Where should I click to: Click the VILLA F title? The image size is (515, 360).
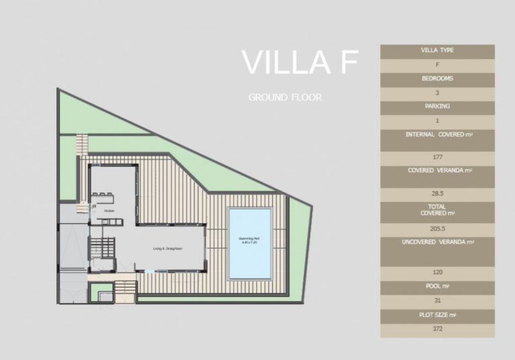pos(299,62)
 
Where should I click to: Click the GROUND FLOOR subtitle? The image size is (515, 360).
pos(285,97)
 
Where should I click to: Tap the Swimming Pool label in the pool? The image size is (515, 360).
pos(249,239)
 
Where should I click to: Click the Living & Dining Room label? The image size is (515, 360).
pos(168,248)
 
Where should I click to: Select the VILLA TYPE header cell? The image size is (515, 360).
pos(437,50)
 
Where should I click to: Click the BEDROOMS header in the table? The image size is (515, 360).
pos(437,78)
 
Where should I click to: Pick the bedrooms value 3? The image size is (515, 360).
pos(437,93)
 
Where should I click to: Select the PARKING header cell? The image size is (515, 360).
pos(437,107)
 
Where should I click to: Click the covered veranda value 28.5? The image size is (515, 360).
pos(437,193)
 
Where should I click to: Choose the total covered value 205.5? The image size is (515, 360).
pos(437,229)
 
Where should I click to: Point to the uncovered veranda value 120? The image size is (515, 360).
pos(437,272)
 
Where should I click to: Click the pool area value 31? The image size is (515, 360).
pos(437,301)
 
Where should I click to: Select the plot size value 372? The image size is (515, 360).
pos(437,329)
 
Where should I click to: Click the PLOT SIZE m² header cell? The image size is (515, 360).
pos(437,315)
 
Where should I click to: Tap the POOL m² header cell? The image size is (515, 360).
pos(437,286)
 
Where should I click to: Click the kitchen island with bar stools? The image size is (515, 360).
pos(105,196)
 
